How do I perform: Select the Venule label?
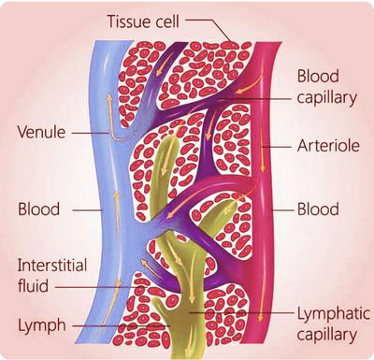41,133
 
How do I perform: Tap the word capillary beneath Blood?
328,97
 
